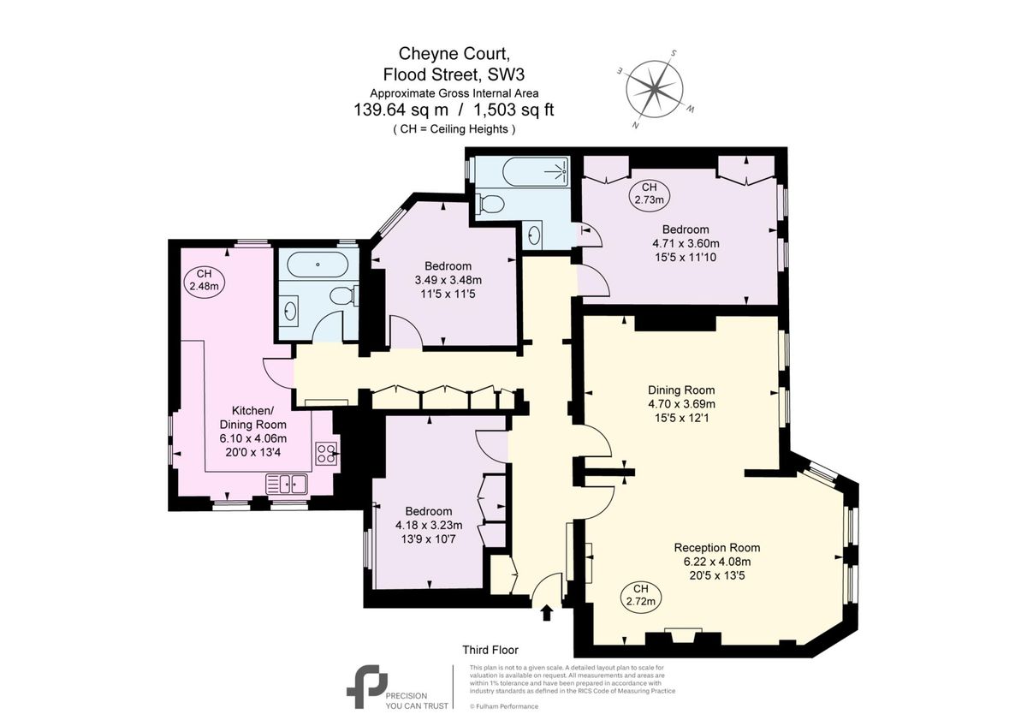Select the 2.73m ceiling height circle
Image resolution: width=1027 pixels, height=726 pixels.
(x=649, y=193)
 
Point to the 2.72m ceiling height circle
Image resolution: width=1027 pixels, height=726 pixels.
(x=640, y=594)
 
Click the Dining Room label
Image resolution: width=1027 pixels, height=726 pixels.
(x=681, y=390)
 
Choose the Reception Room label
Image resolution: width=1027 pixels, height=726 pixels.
(x=716, y=548)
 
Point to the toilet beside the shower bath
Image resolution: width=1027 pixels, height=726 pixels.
(x=490, y=204)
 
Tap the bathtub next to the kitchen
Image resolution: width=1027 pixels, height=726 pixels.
(x=318, y=265)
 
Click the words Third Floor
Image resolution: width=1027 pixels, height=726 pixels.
(x=490, y=651)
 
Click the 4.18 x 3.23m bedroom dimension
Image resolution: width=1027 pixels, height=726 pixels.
(x=429, y=526)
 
